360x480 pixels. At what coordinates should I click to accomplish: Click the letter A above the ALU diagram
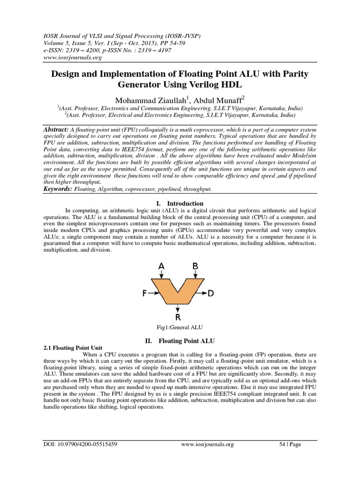click(162, 267)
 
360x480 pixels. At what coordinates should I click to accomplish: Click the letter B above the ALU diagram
click(195, 267)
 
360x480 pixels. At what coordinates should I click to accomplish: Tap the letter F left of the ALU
click(145, 293)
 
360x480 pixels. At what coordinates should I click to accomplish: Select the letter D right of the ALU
click(211, 293)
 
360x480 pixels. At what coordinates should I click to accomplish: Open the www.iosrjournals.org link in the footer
click(207, 444)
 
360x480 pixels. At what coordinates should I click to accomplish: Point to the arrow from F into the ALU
click(153, 293)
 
